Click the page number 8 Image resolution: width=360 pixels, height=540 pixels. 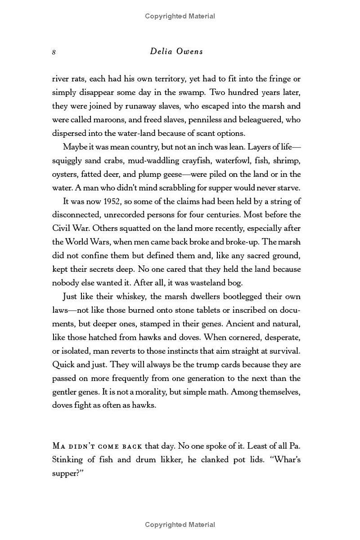54,52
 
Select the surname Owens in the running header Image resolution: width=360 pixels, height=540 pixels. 190,51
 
